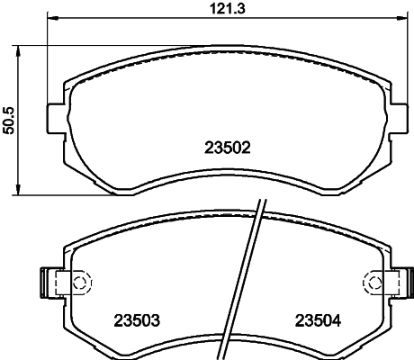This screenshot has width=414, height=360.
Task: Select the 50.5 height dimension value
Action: pos(9,119)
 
